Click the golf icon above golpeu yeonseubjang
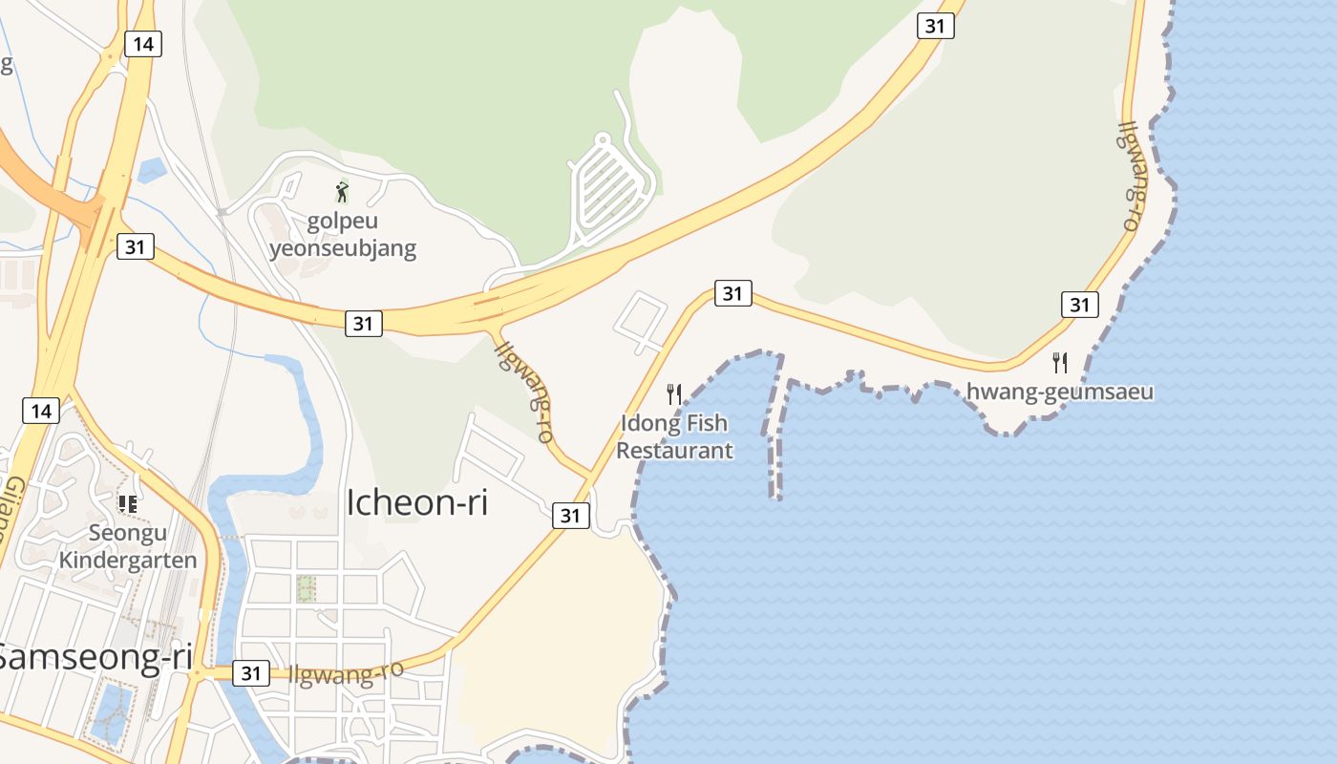click(342, 192)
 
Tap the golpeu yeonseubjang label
click(343, 235)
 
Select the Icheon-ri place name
click(416, 502)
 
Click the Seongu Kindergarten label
click(128, 546)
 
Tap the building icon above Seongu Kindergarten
click(127, 503)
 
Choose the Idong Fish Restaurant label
click(674, 436)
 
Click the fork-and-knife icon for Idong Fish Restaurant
click(674, 393)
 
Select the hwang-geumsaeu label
click(1059, 392)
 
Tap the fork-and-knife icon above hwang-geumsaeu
click(1059, 362)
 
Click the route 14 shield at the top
click(142, 43)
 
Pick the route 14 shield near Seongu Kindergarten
click(40, 411)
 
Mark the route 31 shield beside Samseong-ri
click(250, 673)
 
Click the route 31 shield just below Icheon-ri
click(570, 516)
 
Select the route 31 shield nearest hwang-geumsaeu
click(1079, 305)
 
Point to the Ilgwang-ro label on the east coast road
click(1131, 176)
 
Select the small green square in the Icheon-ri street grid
click(306, 588)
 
